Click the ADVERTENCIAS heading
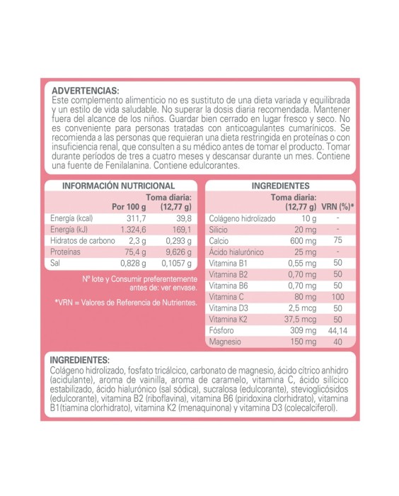86,91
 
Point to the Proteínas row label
66,252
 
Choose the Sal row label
56,263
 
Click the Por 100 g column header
129,207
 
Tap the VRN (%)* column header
338,207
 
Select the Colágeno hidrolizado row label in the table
242,218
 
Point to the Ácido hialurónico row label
236,252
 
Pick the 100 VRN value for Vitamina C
338,297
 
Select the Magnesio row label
227,343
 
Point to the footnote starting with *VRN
125,303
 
